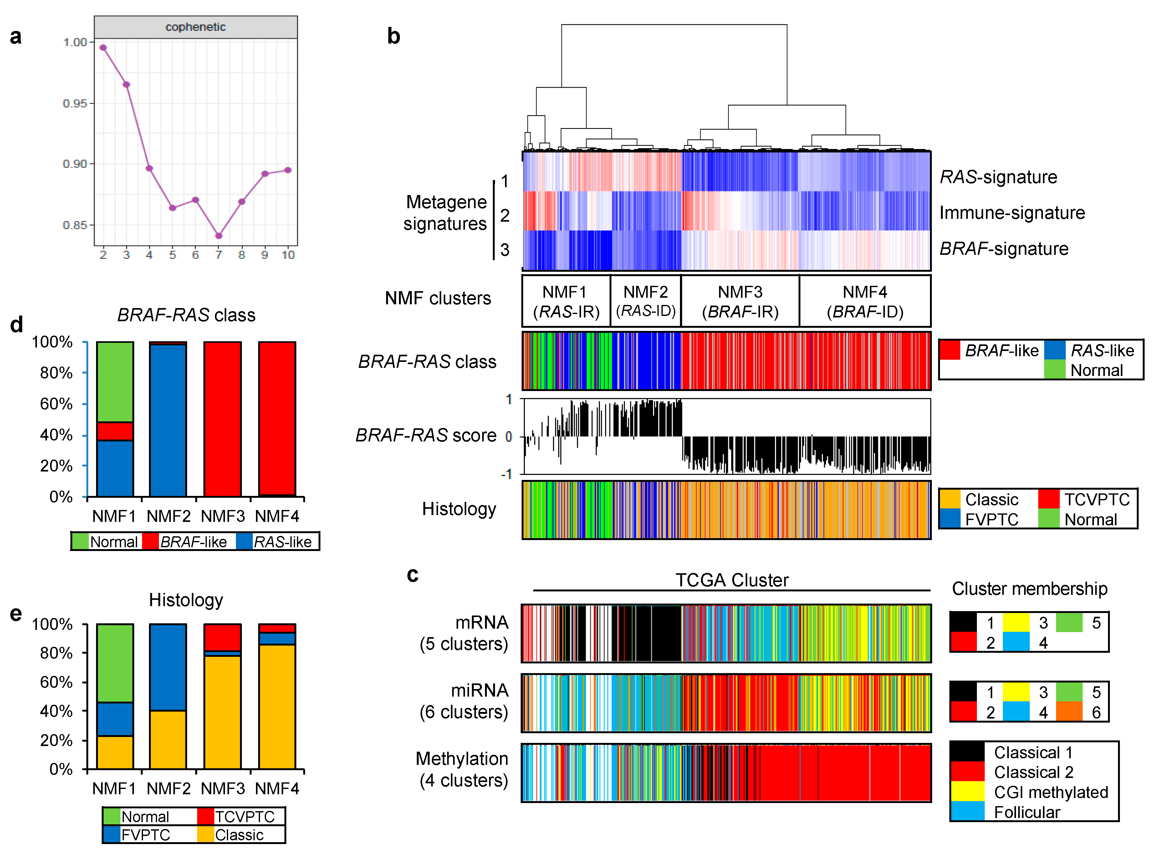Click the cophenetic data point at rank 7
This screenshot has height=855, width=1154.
pyautogui.click(x=219, y=236)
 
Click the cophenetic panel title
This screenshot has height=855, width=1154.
pyautogui.click(x=196, y=27)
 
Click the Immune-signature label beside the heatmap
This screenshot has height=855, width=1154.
pyautogui.click(x=1012, y=213)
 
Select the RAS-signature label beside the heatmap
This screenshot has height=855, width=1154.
pyautogui.click(x=998, y=177)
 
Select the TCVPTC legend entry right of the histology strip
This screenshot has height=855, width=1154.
pyautogui.click(x=1097, y=499)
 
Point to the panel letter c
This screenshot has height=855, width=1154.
pyautogui.click(x=412, y=574)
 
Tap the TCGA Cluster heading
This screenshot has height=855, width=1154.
pyautogui.click(x=732, y=580)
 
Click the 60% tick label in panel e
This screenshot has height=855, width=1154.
pyautogui.click(x=56, y=682)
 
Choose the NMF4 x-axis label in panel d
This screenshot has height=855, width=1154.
pyautogui.click(x=277, y=516)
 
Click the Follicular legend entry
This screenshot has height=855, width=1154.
pyautogui.click(x=1027, y=812)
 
